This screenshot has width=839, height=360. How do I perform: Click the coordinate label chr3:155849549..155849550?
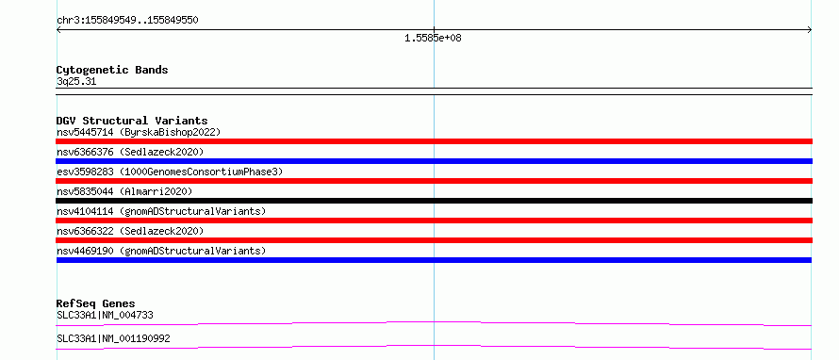click(127, 21)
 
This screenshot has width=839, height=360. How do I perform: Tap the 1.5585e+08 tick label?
click(433, 38)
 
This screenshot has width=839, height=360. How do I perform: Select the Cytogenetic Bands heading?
click(112, 70)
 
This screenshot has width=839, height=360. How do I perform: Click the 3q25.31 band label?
click(76, 82)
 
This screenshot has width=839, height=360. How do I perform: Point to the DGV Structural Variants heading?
click(132, 121)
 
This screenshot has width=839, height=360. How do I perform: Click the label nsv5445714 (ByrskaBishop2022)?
click(139, 132)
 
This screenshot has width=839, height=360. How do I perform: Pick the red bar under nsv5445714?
click(434, 141)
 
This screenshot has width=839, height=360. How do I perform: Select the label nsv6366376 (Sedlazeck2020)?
click(130, 152)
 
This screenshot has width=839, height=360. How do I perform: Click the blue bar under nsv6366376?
click(434, 161)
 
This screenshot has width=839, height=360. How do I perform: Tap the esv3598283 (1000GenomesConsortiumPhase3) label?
click(170, 172)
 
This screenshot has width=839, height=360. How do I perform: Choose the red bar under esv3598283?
click(434, 181)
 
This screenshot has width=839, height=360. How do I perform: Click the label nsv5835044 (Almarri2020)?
click(124, 191)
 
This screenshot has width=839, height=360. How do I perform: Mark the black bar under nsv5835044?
click(434, 201)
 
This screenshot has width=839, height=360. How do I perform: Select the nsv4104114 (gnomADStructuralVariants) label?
click(161, 211)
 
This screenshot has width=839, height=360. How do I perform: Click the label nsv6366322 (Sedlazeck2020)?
click(130, 231)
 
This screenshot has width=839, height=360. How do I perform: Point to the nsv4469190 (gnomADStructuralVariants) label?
click(161, 251)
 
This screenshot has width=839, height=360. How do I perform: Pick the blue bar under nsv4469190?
click(434, 260)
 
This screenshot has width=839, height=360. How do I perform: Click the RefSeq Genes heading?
click(96, 303)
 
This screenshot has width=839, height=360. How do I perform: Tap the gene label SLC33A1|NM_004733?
click(105, 315)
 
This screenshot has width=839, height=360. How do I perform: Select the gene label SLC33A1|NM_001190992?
click(113, 338)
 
